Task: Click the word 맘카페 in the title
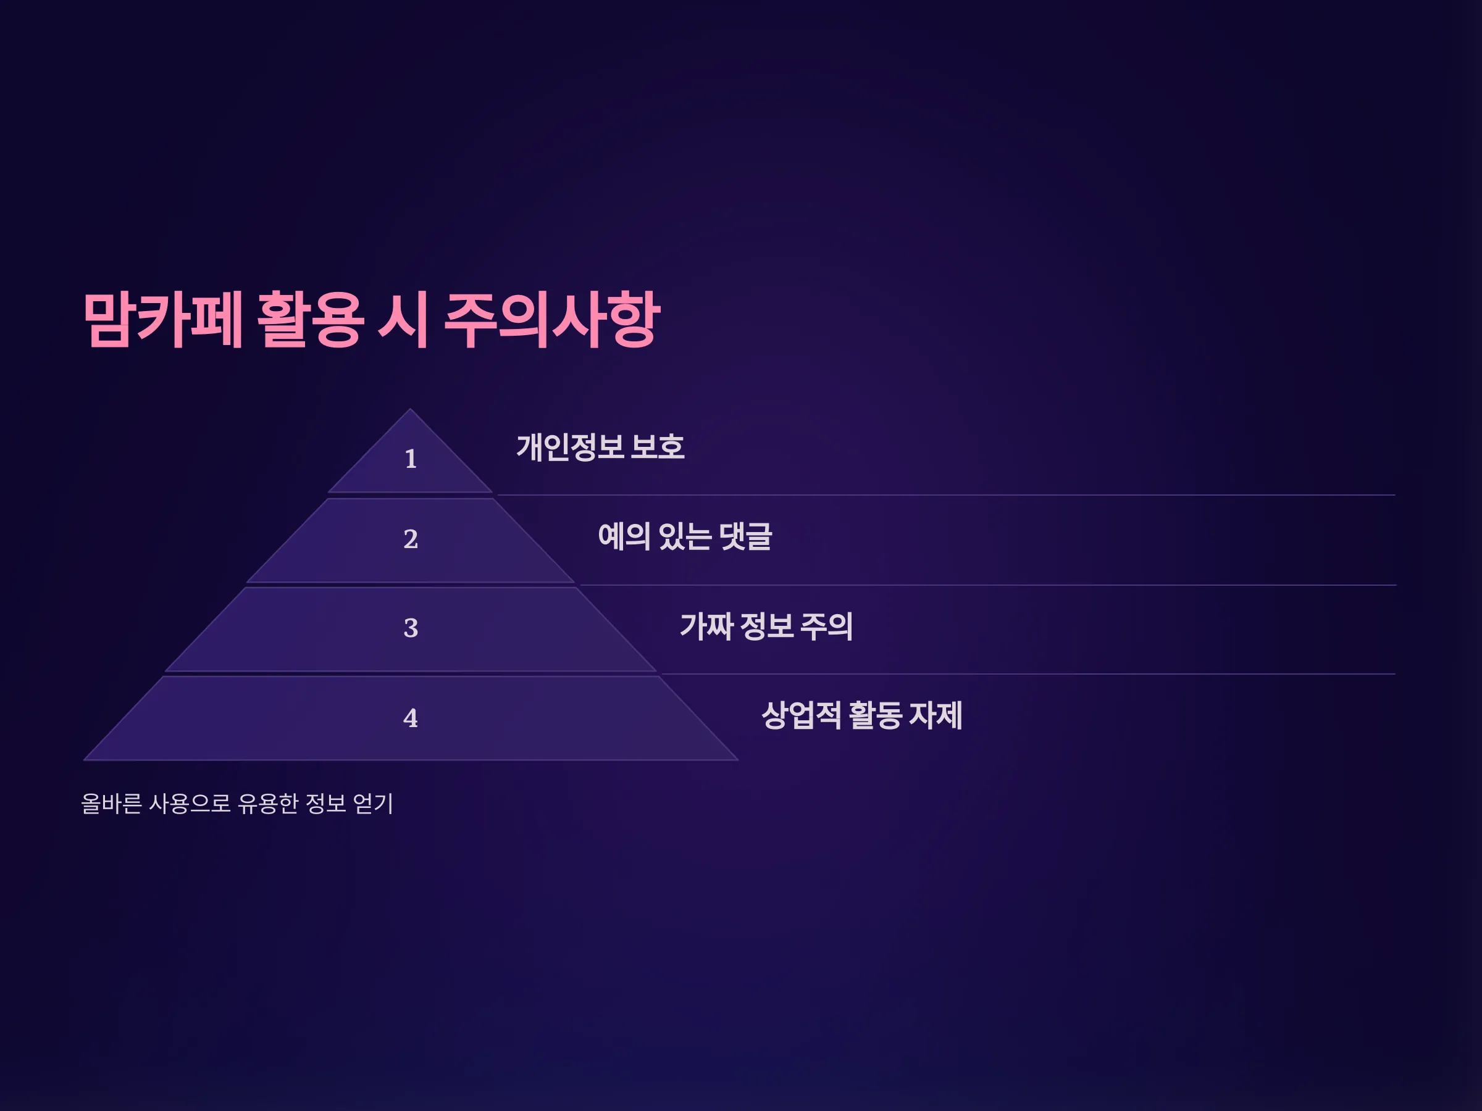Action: point(163,320)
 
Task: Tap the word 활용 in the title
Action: point(311,320)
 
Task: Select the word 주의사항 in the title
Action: point(553,320)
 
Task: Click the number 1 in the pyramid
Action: point(411,459)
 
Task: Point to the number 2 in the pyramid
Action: point(411,539)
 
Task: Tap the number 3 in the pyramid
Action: point(411,628)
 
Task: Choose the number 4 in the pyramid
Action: point(411,718)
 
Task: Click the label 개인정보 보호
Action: point(600,447)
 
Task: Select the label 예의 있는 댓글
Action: point(685,537)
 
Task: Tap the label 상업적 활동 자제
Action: point(862,715)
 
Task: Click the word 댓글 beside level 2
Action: point(746,537)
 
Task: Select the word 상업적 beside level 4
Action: point(802,715)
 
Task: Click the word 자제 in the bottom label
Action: point(936,715)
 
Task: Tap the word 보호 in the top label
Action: point(658,447)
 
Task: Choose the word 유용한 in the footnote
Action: point(268,804)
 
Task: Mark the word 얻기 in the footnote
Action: point(373,804)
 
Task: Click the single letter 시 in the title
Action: point(404,320)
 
